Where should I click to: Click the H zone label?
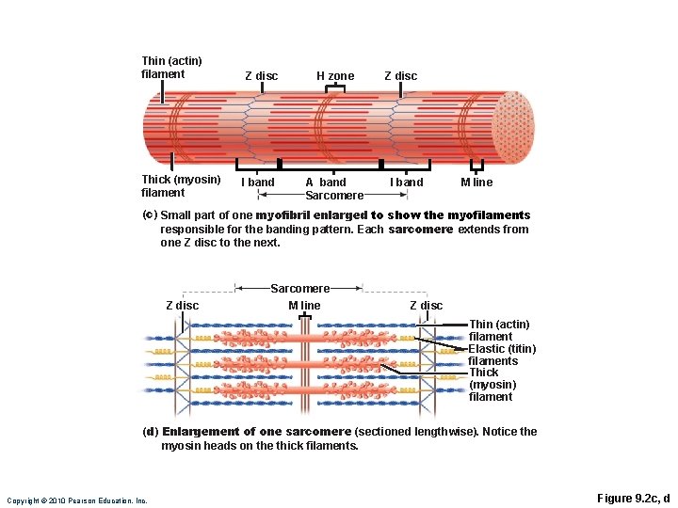(335, 76)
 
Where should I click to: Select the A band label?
(326, 183)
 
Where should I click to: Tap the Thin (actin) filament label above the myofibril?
(171, 68)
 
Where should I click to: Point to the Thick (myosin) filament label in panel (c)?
(181, 186)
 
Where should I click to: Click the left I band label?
(258, 183)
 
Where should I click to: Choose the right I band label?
(407, 183)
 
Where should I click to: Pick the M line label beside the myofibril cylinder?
(476, 183)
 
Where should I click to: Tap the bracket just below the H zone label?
(335, 88)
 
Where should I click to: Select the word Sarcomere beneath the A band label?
(334, 196)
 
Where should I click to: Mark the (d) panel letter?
(150, 432)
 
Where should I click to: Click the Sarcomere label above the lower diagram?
(300, 289)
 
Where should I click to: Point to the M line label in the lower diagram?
(304, 305)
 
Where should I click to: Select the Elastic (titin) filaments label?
(502, 355)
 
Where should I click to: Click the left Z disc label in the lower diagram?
(182, 305)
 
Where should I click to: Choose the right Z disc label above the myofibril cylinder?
(400, 76)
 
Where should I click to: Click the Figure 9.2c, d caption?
(634, 498)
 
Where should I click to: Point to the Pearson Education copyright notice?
(77, 500)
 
